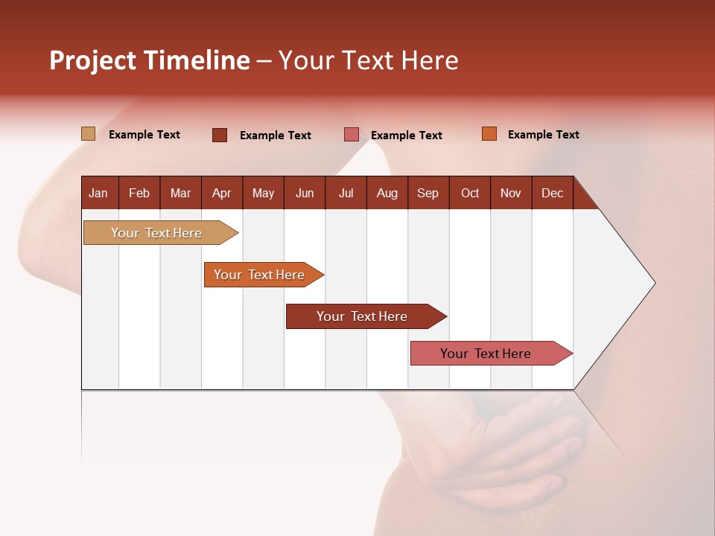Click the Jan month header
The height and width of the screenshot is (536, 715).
pyautogui.click(x=98, y=193)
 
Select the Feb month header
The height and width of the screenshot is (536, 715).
pyautogui.click(x=139, y=193)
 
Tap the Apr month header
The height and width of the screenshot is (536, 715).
pyautogui.click(x=221, y=193)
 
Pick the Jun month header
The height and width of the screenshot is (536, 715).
pyautogui.click(x=304, y=193)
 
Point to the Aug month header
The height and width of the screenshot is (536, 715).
pyautogui.click(x=387, y=193)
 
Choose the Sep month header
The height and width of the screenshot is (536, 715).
pyautogui.click(x=428, y=193)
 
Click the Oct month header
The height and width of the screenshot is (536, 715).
pyautogui.click(x=470, y=193)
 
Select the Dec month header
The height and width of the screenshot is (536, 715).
pyautogui.click(x=552, y=193)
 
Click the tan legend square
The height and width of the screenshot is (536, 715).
pyautogui.click(x=88, y=134)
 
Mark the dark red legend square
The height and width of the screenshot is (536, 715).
pyautogui.click(x=220, y=135)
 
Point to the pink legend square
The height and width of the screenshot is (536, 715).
pyautogui.click(x=352, y=135)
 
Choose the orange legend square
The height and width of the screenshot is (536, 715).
pyautogui.click(x=489, y=134)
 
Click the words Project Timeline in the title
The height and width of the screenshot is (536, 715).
pyautogui.click(x=149, y=60)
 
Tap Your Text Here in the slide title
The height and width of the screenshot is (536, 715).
pyautogui.click(x=368, y=60)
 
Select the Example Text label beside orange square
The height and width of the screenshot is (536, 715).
pyautogui.click(x=543, y=135)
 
